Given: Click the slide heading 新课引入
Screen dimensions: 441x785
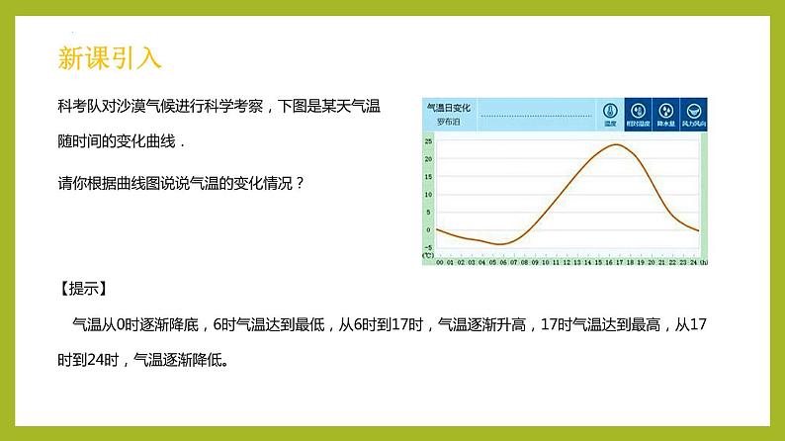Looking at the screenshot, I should tap(109, 59).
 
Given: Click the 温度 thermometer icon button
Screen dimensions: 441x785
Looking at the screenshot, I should tap(610, 114).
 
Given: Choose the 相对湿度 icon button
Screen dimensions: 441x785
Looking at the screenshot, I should tap(639, 114).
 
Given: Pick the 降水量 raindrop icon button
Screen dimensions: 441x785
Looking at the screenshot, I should tap(666, 114).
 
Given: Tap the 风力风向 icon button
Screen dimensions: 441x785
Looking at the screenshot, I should tap(695, 114).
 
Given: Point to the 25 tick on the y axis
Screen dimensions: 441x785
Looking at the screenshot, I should tap(428, 141).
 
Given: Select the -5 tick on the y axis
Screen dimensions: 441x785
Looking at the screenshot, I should tap(428, 247).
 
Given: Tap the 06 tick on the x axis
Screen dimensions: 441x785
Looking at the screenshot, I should tap(501, 262).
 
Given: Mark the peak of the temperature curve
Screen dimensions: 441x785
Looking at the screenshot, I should tap(616, 145).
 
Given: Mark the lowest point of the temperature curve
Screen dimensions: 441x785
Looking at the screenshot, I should tap(499, 243).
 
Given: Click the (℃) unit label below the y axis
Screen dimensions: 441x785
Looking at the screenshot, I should tap(428, 256).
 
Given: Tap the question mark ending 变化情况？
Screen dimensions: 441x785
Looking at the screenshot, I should tap(300, 182).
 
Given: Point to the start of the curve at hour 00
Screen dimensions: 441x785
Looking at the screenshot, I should tap(437, 229).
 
